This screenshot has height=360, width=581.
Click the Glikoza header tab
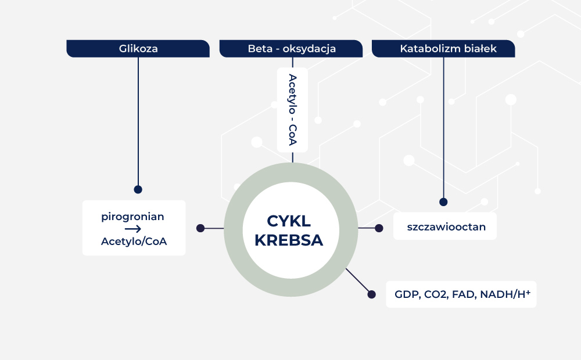point(138,49)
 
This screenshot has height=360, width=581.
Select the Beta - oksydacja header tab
point(292,49)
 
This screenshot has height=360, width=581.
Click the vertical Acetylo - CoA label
point(292,110)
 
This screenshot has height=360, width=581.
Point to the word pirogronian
point(132,217)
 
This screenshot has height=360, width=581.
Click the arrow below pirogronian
point(133,229)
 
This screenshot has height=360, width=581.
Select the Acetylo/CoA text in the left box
point(134,242)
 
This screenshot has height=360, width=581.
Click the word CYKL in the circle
point(289,221)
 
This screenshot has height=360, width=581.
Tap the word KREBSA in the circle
point(289,240)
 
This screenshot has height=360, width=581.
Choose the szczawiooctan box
point(446,226)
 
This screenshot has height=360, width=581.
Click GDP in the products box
point(406,295)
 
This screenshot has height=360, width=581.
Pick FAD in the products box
point(464,295)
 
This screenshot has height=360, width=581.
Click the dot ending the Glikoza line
point(138,189)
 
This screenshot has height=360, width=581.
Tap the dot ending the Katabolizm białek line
point(443,202)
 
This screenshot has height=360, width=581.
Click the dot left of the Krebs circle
point(200,228)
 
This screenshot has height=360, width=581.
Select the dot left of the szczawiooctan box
point(379,228)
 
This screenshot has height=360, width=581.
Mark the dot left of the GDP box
point(372,294)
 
